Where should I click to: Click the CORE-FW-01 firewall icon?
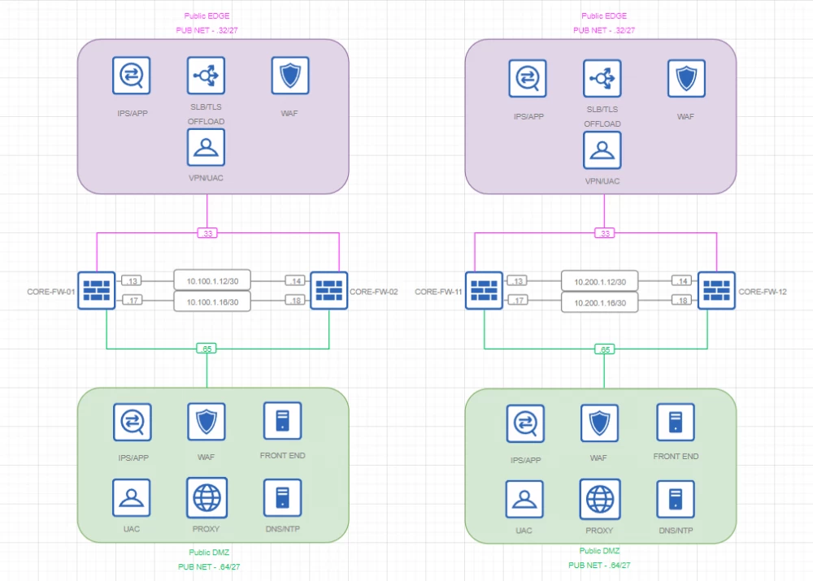click(97, 290)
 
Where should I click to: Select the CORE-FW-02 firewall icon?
click(328, 290)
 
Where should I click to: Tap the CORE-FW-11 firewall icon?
click(485, 290)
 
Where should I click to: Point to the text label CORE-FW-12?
click(763, 291)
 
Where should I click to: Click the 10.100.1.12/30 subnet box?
click(212, 280)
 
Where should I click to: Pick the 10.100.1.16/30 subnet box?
click(212, 301)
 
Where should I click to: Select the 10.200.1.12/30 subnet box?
click(600, 280)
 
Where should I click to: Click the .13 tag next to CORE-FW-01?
click(131, 280)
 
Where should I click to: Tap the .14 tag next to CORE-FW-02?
click(294, 280)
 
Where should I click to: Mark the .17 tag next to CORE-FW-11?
click(519, 301)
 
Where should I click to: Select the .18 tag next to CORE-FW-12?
click(682, 301)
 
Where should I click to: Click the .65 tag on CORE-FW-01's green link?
click(207, 349)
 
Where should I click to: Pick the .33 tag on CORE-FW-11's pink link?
click(604, 233)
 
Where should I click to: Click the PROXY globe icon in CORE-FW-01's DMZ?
click(207, 497)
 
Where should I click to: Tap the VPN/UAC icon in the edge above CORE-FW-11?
click(602, 150)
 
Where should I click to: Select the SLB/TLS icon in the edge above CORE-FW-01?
click(206, 76)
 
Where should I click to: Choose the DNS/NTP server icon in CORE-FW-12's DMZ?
click(676, 499)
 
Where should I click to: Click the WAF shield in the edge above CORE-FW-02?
click(289, 76)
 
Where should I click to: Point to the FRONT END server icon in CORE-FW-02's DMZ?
click(283, 421)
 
